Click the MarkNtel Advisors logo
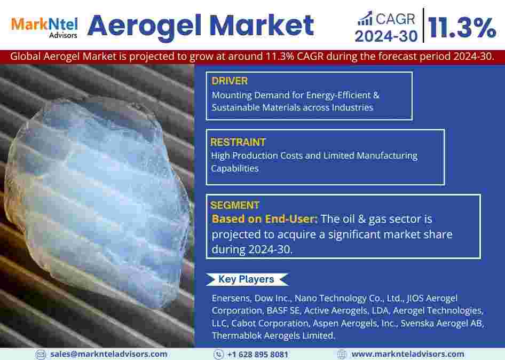tap(44, 28)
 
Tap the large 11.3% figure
tap(462, 28)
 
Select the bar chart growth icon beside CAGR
tap(365, 18)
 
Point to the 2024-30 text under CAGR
tap(386, 36)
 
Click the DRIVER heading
tap(230, 81)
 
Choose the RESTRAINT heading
tap(238, 142)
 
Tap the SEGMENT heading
tap(235, 205)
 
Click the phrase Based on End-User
tap(264, 219)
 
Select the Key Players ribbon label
tap(247, 279)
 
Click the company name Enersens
tap(231, 298)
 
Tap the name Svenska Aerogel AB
tap(442, 323)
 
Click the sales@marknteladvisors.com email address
tap(108, 354)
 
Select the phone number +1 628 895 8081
tap(257, 355)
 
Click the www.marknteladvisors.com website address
tap(408, 354)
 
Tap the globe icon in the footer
tap(342, 354)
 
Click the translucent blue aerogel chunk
tap(97, 200)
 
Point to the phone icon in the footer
tap(218, 354)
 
